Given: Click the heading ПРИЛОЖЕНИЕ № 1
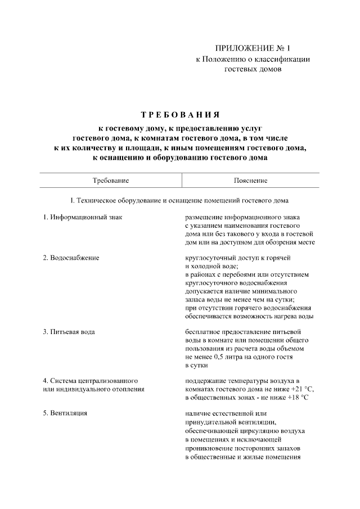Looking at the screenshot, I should point(252,49).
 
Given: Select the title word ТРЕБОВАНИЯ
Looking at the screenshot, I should point(180,115).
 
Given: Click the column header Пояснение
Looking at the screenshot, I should point(250,181).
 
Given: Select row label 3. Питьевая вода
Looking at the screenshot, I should point(69,331).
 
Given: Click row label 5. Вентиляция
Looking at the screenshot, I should point(65,413).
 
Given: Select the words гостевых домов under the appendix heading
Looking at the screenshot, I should point(252,70).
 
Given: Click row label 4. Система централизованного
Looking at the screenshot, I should point(91,381).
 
